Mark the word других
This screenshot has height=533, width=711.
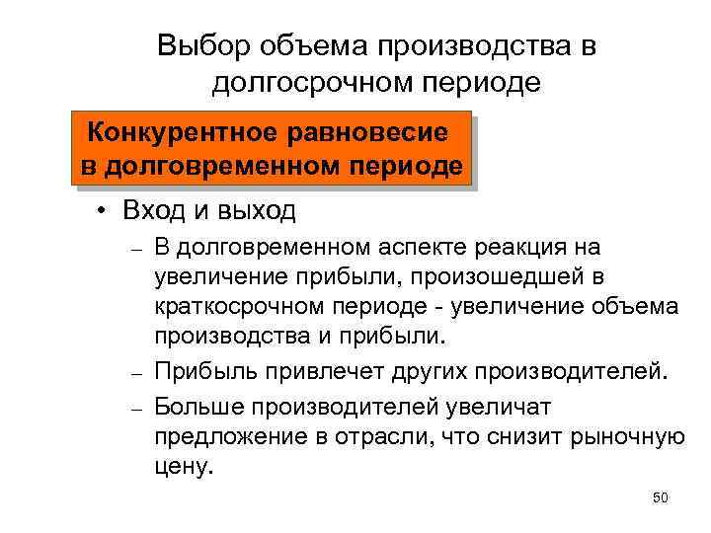point(418,372)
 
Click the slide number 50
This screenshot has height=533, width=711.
point(661,497)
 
